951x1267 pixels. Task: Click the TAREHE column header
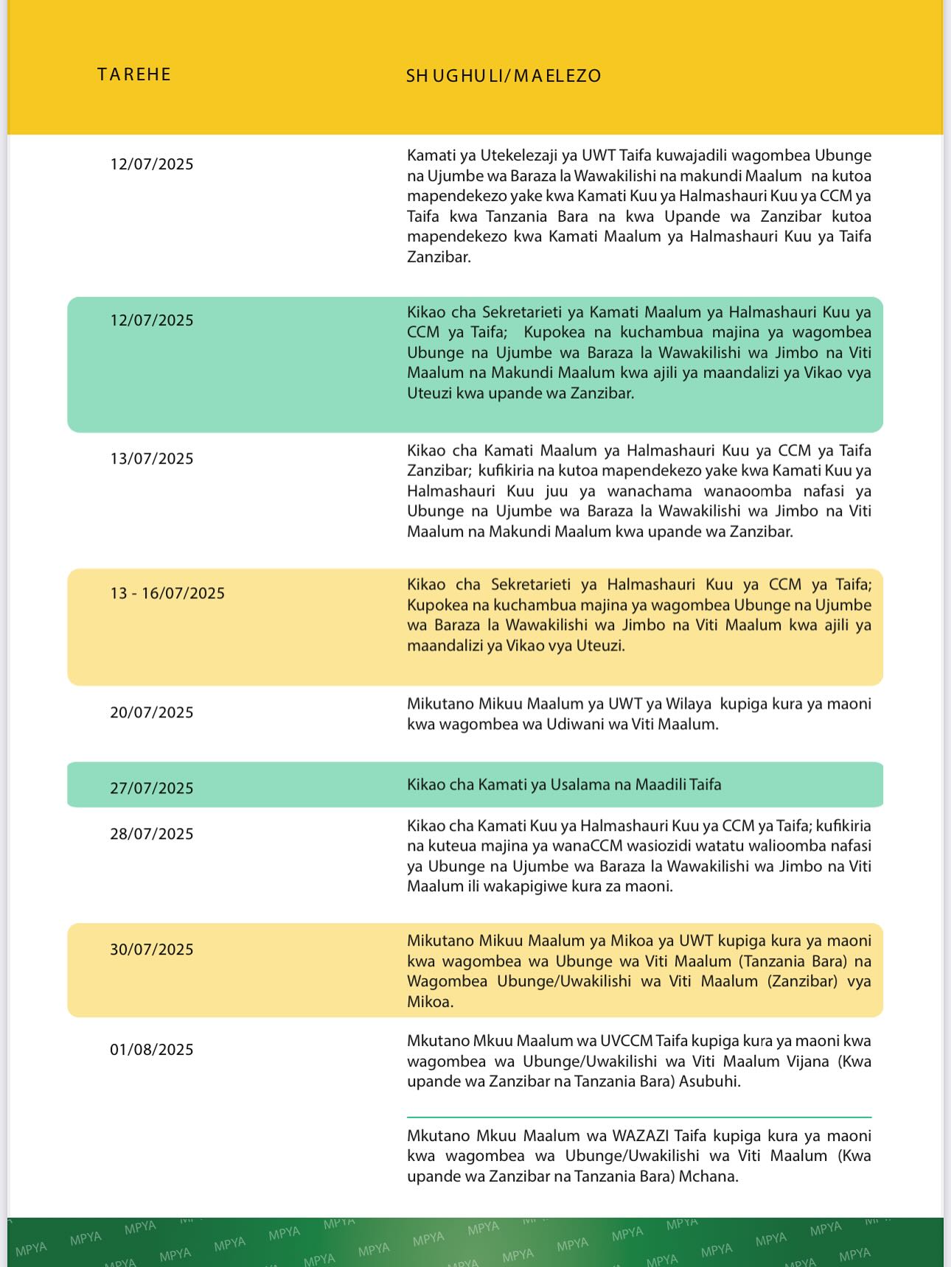click(x=134, y=74)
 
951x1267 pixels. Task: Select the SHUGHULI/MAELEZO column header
click(x=504, y=76)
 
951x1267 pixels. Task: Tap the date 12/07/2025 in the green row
click(x=152, y=320)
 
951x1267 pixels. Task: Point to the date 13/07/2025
click(x=152, y=459)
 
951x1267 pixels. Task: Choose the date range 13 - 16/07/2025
click(x=167, y=594)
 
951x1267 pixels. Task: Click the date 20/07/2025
click(x=152, y=712)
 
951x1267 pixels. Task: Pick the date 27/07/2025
click(x=152, y=788)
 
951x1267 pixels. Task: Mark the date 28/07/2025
click(x=152, y=834)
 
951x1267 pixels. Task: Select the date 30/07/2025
click(x=152, y=950)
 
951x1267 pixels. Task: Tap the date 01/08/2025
click(x=152, y=1050)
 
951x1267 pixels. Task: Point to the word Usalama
click(x=580, y=785)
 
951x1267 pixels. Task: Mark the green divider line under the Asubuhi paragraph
click(x=638, y=1117)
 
